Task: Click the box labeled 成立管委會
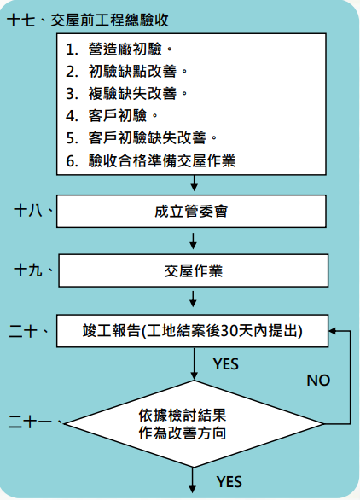pos(193,208)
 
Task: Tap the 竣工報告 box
pos(193,329)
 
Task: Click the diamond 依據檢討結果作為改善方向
pos(194,424)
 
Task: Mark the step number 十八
pos(31,208)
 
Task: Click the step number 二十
pos(31,330)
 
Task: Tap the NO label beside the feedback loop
pos(318,380)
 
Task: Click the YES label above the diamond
pos(225,364)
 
